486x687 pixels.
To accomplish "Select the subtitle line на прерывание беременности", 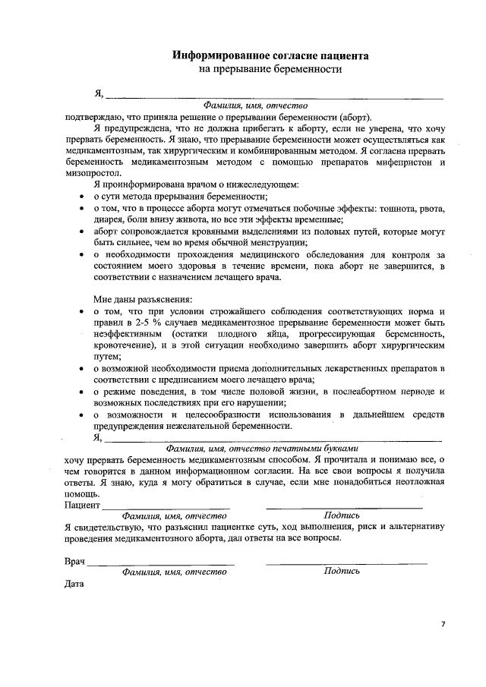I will click(270, 70).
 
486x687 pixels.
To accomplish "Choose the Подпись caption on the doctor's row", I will click(342, 572).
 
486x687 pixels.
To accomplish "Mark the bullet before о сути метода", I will click(81, 197).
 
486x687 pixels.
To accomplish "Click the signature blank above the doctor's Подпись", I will click(346, 562).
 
